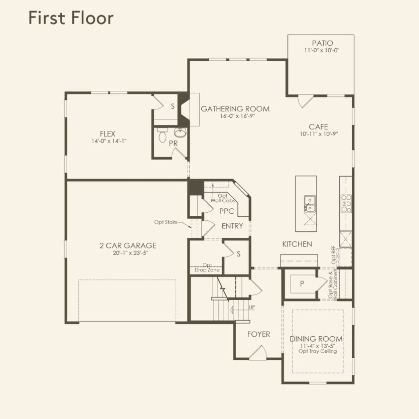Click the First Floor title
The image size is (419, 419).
[x=71, y=18]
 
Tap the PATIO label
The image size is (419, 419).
[x=322, y=43]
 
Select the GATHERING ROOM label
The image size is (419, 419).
[x=235, y=108]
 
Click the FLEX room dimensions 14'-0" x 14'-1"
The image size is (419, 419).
[x=108, y=141]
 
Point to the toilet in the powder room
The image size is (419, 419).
[x=162, y=135]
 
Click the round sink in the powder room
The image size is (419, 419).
[x=180, y=132]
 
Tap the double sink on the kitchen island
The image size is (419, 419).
[x=309, y=204]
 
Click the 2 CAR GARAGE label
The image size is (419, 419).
[x=127, y=245]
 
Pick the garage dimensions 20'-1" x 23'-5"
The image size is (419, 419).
[x=127, y=253]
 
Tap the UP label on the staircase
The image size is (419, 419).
[x=252, y=307]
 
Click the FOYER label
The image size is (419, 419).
[x=258, y=334]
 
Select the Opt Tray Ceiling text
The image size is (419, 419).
[x=316, y=351]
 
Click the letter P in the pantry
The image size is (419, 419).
[x=302, y=284]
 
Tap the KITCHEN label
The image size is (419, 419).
[x=297, y=244]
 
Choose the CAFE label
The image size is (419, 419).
[x=318, y=127]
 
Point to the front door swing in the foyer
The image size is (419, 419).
[x=257, y=354]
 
